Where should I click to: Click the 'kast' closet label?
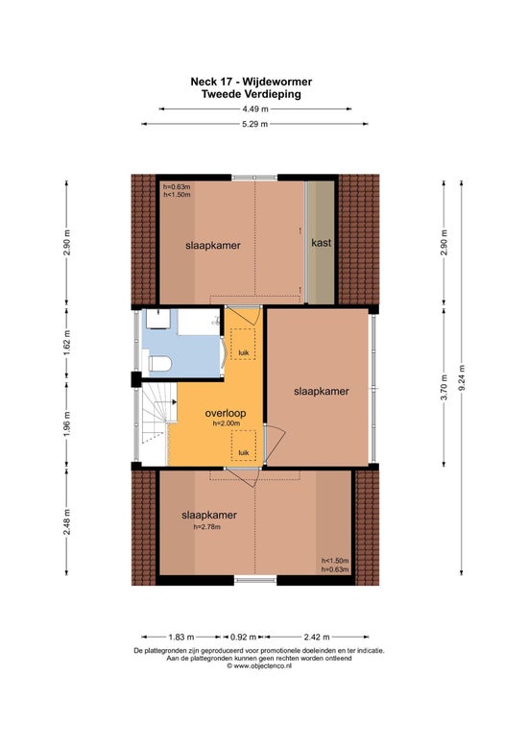[x=322, y=243]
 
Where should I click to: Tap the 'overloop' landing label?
[x=226, y=413]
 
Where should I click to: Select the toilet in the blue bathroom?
[x=159, y=364]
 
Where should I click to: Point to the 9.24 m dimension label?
[x=462, y=377]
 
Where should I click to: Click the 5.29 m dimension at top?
[x=255, y=124]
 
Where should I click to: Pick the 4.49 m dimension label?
[x=255, y=108]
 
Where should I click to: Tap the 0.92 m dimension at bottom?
[x=244, y=637]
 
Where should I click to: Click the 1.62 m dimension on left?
[x=66, y=343]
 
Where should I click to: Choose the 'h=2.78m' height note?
[x=206, y=526]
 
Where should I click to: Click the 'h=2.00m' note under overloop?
[x=227, y=423]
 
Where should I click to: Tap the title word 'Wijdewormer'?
[x=277, y=82]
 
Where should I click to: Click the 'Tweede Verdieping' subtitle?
[x=252, y=94]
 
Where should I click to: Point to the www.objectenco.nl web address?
[x=259, y=666]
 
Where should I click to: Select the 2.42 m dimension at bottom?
[x=317, y=637]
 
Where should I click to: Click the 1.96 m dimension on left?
[x=66, y=424]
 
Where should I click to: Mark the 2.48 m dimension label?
[x=66, y=521]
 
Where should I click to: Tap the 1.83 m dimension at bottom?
[x=181, y=637]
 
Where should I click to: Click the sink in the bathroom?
[x=157, y=319]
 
